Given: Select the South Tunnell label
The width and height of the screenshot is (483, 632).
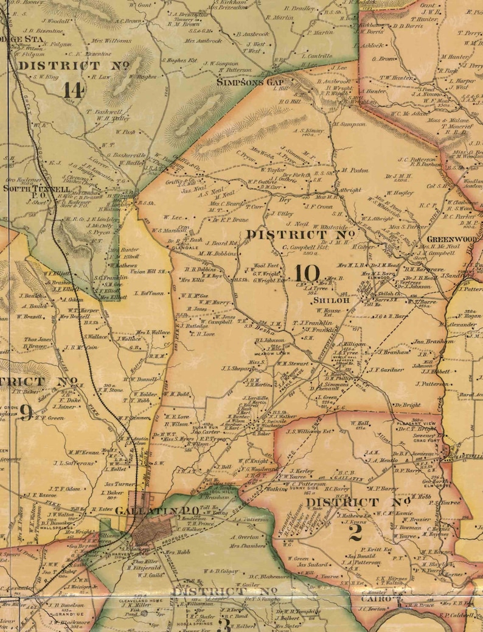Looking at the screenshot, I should pyautogui.click(x=29, y=189).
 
